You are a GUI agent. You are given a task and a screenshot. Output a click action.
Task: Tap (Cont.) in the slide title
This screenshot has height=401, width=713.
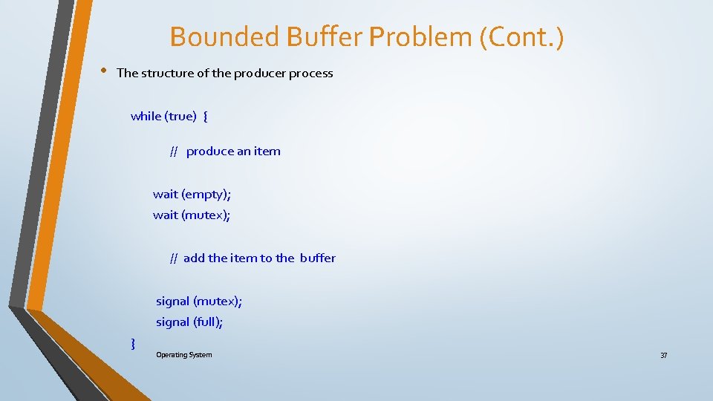point(522,36)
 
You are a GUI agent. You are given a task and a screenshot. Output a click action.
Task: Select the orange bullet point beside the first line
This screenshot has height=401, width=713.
point(103,71)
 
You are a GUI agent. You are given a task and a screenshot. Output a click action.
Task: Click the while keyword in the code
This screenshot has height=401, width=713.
point(146,116)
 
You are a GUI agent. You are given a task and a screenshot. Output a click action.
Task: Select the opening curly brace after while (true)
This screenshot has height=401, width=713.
point(205,116)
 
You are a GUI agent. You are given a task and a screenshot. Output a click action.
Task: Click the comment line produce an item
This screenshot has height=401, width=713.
point(232,151)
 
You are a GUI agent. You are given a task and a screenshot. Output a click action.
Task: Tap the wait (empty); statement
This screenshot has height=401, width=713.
point(192,195)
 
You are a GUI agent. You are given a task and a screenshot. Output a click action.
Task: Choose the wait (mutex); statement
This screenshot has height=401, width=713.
point(192,215)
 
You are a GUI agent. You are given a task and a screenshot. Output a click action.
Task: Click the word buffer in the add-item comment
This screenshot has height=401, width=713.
point(317,258)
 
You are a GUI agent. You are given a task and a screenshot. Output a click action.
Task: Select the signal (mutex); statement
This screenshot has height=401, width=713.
point(198,301)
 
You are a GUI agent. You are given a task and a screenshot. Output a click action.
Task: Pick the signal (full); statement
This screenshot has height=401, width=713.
point(189,322)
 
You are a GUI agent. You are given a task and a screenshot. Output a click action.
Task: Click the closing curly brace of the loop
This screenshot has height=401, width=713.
point(133,343)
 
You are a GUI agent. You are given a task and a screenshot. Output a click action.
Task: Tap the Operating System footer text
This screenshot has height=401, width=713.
point(183,355)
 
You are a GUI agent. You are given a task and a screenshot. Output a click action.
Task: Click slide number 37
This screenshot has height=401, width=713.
point(663,356)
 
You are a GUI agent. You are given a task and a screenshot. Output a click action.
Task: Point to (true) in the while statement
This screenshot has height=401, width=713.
point(180,116)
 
